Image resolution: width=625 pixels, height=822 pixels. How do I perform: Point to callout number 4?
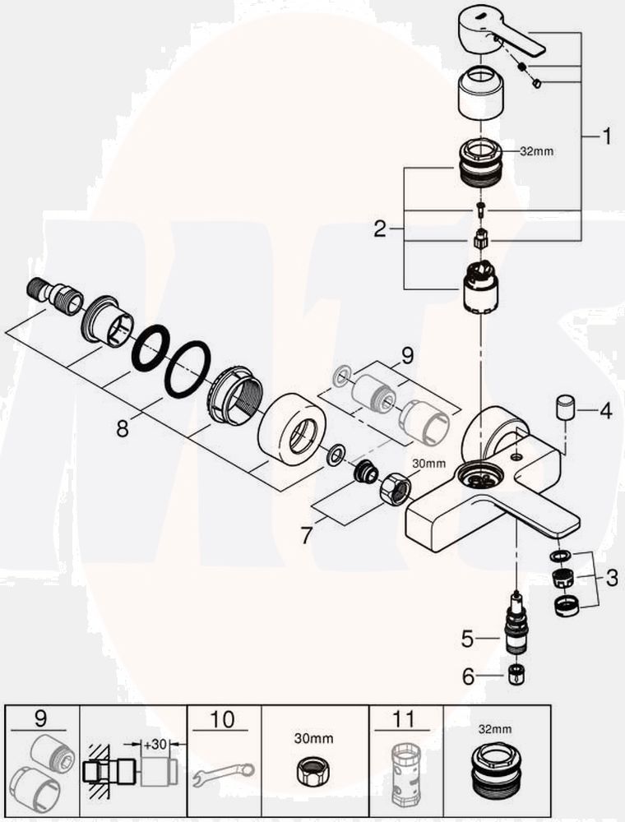point(605,409)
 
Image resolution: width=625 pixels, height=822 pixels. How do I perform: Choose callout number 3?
point(611,578)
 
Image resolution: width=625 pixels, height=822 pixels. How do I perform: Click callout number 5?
point(468,637)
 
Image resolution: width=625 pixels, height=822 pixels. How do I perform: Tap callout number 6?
point(468,677)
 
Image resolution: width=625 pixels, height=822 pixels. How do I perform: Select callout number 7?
point(307,536)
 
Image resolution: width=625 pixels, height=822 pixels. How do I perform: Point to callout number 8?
point(123,428)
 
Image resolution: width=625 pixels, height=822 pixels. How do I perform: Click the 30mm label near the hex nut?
point(428,464)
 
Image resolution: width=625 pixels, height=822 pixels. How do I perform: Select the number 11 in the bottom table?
point(404,721)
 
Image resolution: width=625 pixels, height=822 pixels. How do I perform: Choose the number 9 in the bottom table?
point(42,721)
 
